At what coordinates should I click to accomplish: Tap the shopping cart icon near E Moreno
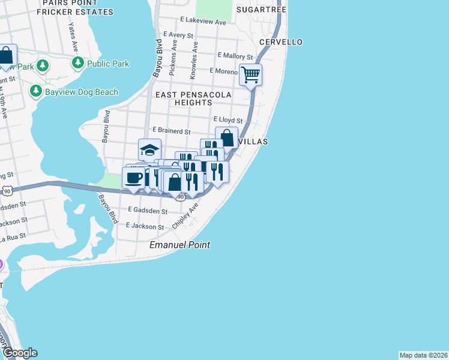coord(250,75)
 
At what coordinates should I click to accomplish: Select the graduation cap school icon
coord(149,149)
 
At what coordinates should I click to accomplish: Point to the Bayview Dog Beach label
coord(82,92)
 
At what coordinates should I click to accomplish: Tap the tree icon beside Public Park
coord(77,62)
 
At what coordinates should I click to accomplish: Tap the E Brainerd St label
coord(171,131)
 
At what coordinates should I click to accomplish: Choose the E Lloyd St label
coord(228,121)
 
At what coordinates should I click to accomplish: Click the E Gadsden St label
coord(148,211)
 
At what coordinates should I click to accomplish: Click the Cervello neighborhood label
coord(281,42)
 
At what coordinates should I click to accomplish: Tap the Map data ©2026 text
coord(423,355)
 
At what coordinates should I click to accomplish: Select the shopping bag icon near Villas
coord(226,137)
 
